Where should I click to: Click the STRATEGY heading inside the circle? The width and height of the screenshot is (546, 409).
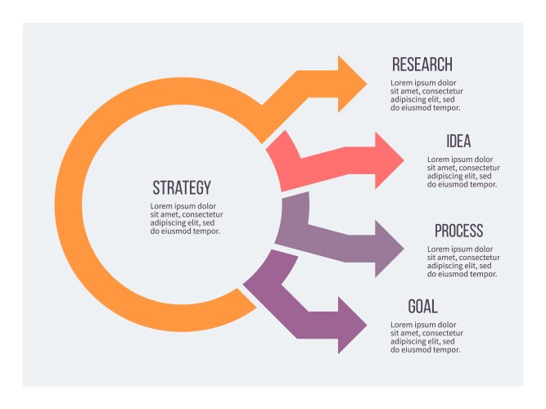[182, 187]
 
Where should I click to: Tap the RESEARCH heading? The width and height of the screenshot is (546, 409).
[422, 65]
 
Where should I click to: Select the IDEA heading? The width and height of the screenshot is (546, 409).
[458, 142]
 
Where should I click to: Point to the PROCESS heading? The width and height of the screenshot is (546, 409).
[458, 231]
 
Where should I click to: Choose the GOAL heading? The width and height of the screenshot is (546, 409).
[422, 307]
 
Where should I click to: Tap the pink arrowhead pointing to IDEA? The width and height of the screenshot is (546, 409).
[388, 160]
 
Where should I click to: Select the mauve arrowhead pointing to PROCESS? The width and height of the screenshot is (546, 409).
[388, 247]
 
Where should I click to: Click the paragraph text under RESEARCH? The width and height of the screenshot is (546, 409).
[426, 95]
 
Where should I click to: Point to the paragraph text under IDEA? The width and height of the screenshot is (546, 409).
[463, 172]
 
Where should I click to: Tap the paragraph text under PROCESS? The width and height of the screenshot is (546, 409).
[463, 262]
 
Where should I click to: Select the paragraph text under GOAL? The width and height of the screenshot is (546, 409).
[426, 337]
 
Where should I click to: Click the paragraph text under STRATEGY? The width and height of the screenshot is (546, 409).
[186, 218]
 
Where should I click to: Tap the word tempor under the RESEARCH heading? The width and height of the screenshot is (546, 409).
[446, 108]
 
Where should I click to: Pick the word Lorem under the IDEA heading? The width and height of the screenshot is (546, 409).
[438, 160]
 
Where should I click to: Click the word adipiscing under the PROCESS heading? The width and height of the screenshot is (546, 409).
[445, 266]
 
